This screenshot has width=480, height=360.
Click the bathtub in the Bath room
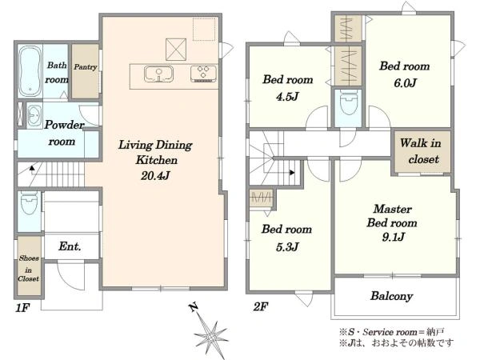[x=30, y=71]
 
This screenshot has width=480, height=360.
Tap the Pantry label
[x=86, y=66]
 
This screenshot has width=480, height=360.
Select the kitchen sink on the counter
[x=158, y=74]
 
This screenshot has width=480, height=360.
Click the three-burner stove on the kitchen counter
[x=203, y=74]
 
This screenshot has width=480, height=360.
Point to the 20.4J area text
[x=155, y=176]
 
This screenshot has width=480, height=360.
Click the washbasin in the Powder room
[x=34, y=116]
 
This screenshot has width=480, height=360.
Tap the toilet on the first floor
[x=30, y=202]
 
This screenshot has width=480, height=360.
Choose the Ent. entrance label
[x=70, y=246]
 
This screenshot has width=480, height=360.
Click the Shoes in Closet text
[x=29, y=269]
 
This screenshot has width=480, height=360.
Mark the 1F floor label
[x=22, y=308]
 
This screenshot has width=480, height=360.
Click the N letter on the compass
[x=193, y=307]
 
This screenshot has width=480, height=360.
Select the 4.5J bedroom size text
[x=287, y=97]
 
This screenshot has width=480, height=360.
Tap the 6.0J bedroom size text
[x=405, y=83]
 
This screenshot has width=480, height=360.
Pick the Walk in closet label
[x=422, y=151]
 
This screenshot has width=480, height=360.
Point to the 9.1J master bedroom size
[x=394, y=237]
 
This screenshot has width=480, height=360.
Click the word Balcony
[x=391, y=296]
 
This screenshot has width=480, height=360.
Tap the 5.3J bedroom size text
[x=287, y=247]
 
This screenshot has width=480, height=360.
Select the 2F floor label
[x=261, y=306]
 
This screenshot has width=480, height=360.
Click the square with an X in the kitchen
[x=176, y=50]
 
